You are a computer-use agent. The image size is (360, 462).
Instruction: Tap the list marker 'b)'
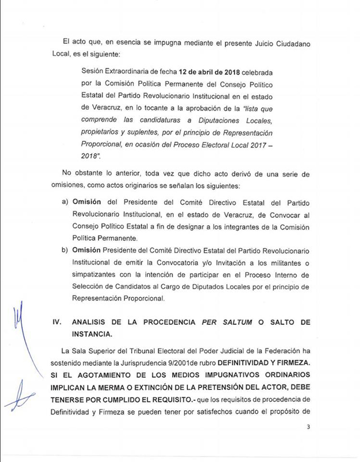pyautogui.click(x=65, y=250)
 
